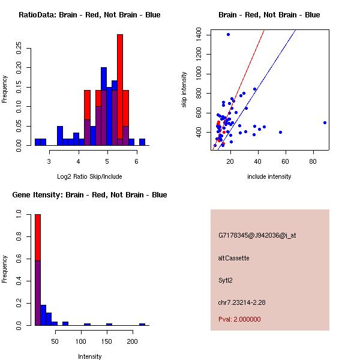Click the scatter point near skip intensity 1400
pos(228,34)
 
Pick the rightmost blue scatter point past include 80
pos(325,122)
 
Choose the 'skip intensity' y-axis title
pos(185,90)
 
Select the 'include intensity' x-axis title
pos(269,177)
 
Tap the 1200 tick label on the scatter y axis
pos(199,54)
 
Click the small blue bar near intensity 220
pos(142,324)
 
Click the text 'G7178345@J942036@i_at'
pos(257,235)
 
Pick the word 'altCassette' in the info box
pos(234,258)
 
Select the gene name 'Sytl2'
pos(226,280)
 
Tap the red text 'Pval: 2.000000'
pos(239,319)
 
